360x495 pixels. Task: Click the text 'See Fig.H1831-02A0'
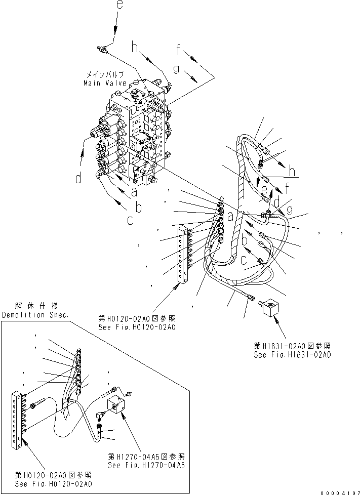[293, 355]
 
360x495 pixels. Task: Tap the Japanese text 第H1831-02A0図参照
[293, 346]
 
